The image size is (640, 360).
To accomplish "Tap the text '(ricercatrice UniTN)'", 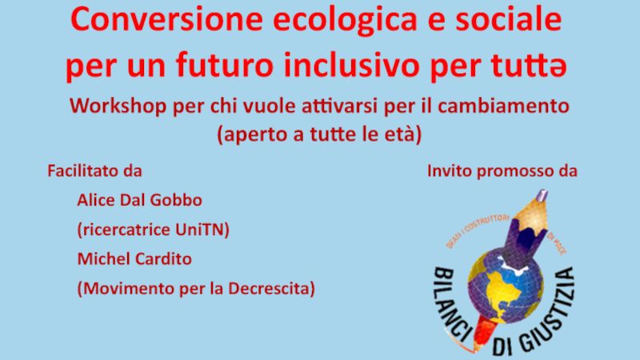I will pyautogui.click(x=153, y=230).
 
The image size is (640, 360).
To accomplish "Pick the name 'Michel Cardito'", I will pyautogui.click(x=134, y=259).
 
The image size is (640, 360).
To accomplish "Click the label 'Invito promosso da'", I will pyautogui.click(x=502, y=171).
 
